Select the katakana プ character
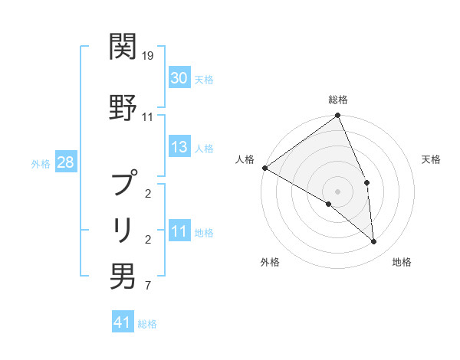pos(123,184)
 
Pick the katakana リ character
pos(123,229)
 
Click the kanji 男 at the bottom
pos(123,276)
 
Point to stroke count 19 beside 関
pos(148,56)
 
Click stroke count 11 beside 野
pos(148,117)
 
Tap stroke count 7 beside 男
pos(148,286)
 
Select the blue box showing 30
pos(179,78)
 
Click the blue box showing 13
pos(179,147)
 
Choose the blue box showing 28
pos(65,162)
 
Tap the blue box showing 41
pos(123,322)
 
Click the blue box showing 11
pos(179,232)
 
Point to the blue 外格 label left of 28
pos(40,163)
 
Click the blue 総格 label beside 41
pos(147,323)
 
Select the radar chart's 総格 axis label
pos(338,100)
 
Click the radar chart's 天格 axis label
pos(431,159)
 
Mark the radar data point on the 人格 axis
pos(264,168)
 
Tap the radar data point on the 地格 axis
pos(373,241)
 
